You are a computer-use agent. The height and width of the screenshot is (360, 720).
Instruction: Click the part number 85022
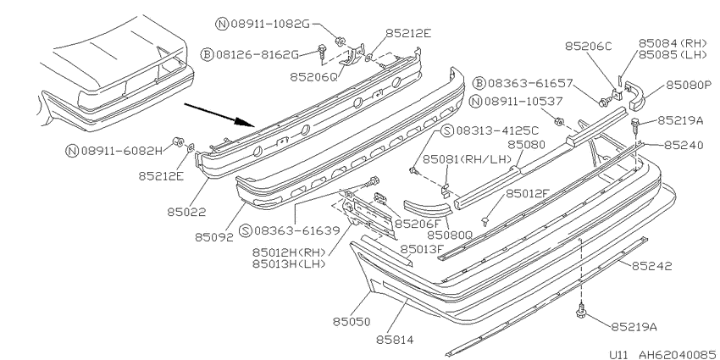(x=186, y=212)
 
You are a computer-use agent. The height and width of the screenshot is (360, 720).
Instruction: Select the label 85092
(x=214, y=237)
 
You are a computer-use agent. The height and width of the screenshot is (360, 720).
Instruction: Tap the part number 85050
(x=352, y=321)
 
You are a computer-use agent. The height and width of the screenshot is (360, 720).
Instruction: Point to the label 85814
(x=395, y=340)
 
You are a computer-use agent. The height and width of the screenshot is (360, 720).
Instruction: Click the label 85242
(x=652, y=266)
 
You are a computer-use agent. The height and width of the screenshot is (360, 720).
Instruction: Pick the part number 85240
(x=684, y=145)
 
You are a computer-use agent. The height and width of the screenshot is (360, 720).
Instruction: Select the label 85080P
(x=689, y=85)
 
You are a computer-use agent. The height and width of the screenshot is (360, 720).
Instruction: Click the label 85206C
(x=588, y=46)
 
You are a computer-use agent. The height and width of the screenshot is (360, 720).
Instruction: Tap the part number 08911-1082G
(x=270, y=24)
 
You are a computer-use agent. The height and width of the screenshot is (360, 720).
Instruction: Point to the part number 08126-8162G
(x=258, y=55)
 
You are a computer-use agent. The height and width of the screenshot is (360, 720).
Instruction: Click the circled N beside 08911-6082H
(x=72, y=151)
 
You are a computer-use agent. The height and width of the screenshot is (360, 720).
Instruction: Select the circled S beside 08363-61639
(x=246, y=230)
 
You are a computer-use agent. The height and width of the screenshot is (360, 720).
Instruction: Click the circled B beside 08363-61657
(x=479, y=83)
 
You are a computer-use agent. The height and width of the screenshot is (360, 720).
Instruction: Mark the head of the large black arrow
(x=253, y=125)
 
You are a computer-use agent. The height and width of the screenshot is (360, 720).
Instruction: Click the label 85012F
(x=527, y=193)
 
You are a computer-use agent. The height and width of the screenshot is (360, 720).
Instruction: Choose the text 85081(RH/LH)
(x=467, y=159)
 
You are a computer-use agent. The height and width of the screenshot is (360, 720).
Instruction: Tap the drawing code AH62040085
(x=678, y=354)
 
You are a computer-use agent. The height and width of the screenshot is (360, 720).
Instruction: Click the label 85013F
(x=423, y=249)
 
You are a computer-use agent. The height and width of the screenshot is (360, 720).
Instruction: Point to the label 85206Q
(x=313, y=76)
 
